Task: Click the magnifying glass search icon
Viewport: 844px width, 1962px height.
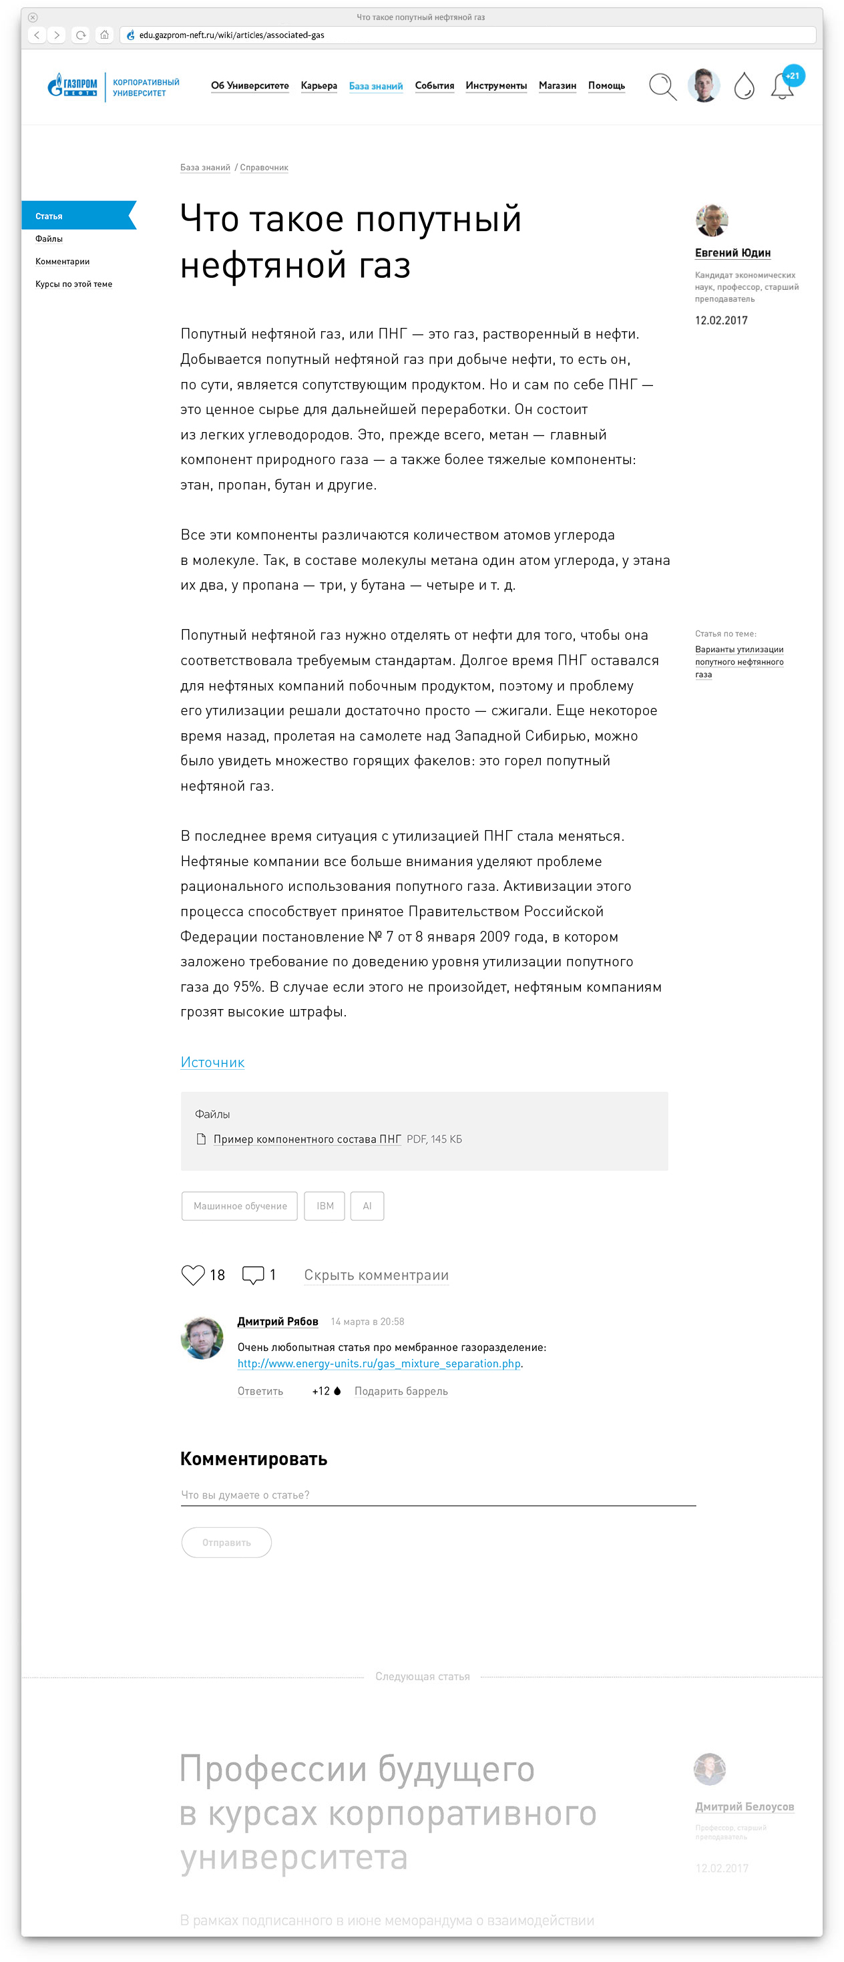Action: [x=662, y=86]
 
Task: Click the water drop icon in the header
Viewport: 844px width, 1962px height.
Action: [x=743, y=86]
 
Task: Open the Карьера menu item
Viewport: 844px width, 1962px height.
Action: [x=319, y=85]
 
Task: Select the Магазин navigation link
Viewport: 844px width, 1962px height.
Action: [x=557, y=85]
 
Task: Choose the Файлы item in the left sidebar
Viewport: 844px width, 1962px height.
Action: [x=49, y=238]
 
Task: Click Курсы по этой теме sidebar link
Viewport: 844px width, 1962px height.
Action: [x=73, y=284]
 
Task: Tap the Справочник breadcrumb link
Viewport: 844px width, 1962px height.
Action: [x=264, y=168]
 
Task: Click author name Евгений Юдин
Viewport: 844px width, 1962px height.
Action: [x=732, y=253]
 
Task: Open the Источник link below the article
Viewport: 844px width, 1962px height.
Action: [x=212, y=1062]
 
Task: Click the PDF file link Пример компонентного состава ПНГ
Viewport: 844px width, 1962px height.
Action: [x=306, y=1139]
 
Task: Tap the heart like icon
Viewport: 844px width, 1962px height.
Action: [x=193, y=1274]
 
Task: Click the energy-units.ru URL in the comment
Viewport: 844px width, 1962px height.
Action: [x=379, y=1364]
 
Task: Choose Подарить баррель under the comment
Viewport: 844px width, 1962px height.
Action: [x=401, y=1391]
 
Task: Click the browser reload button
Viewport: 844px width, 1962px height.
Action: [x=81, y=35]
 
